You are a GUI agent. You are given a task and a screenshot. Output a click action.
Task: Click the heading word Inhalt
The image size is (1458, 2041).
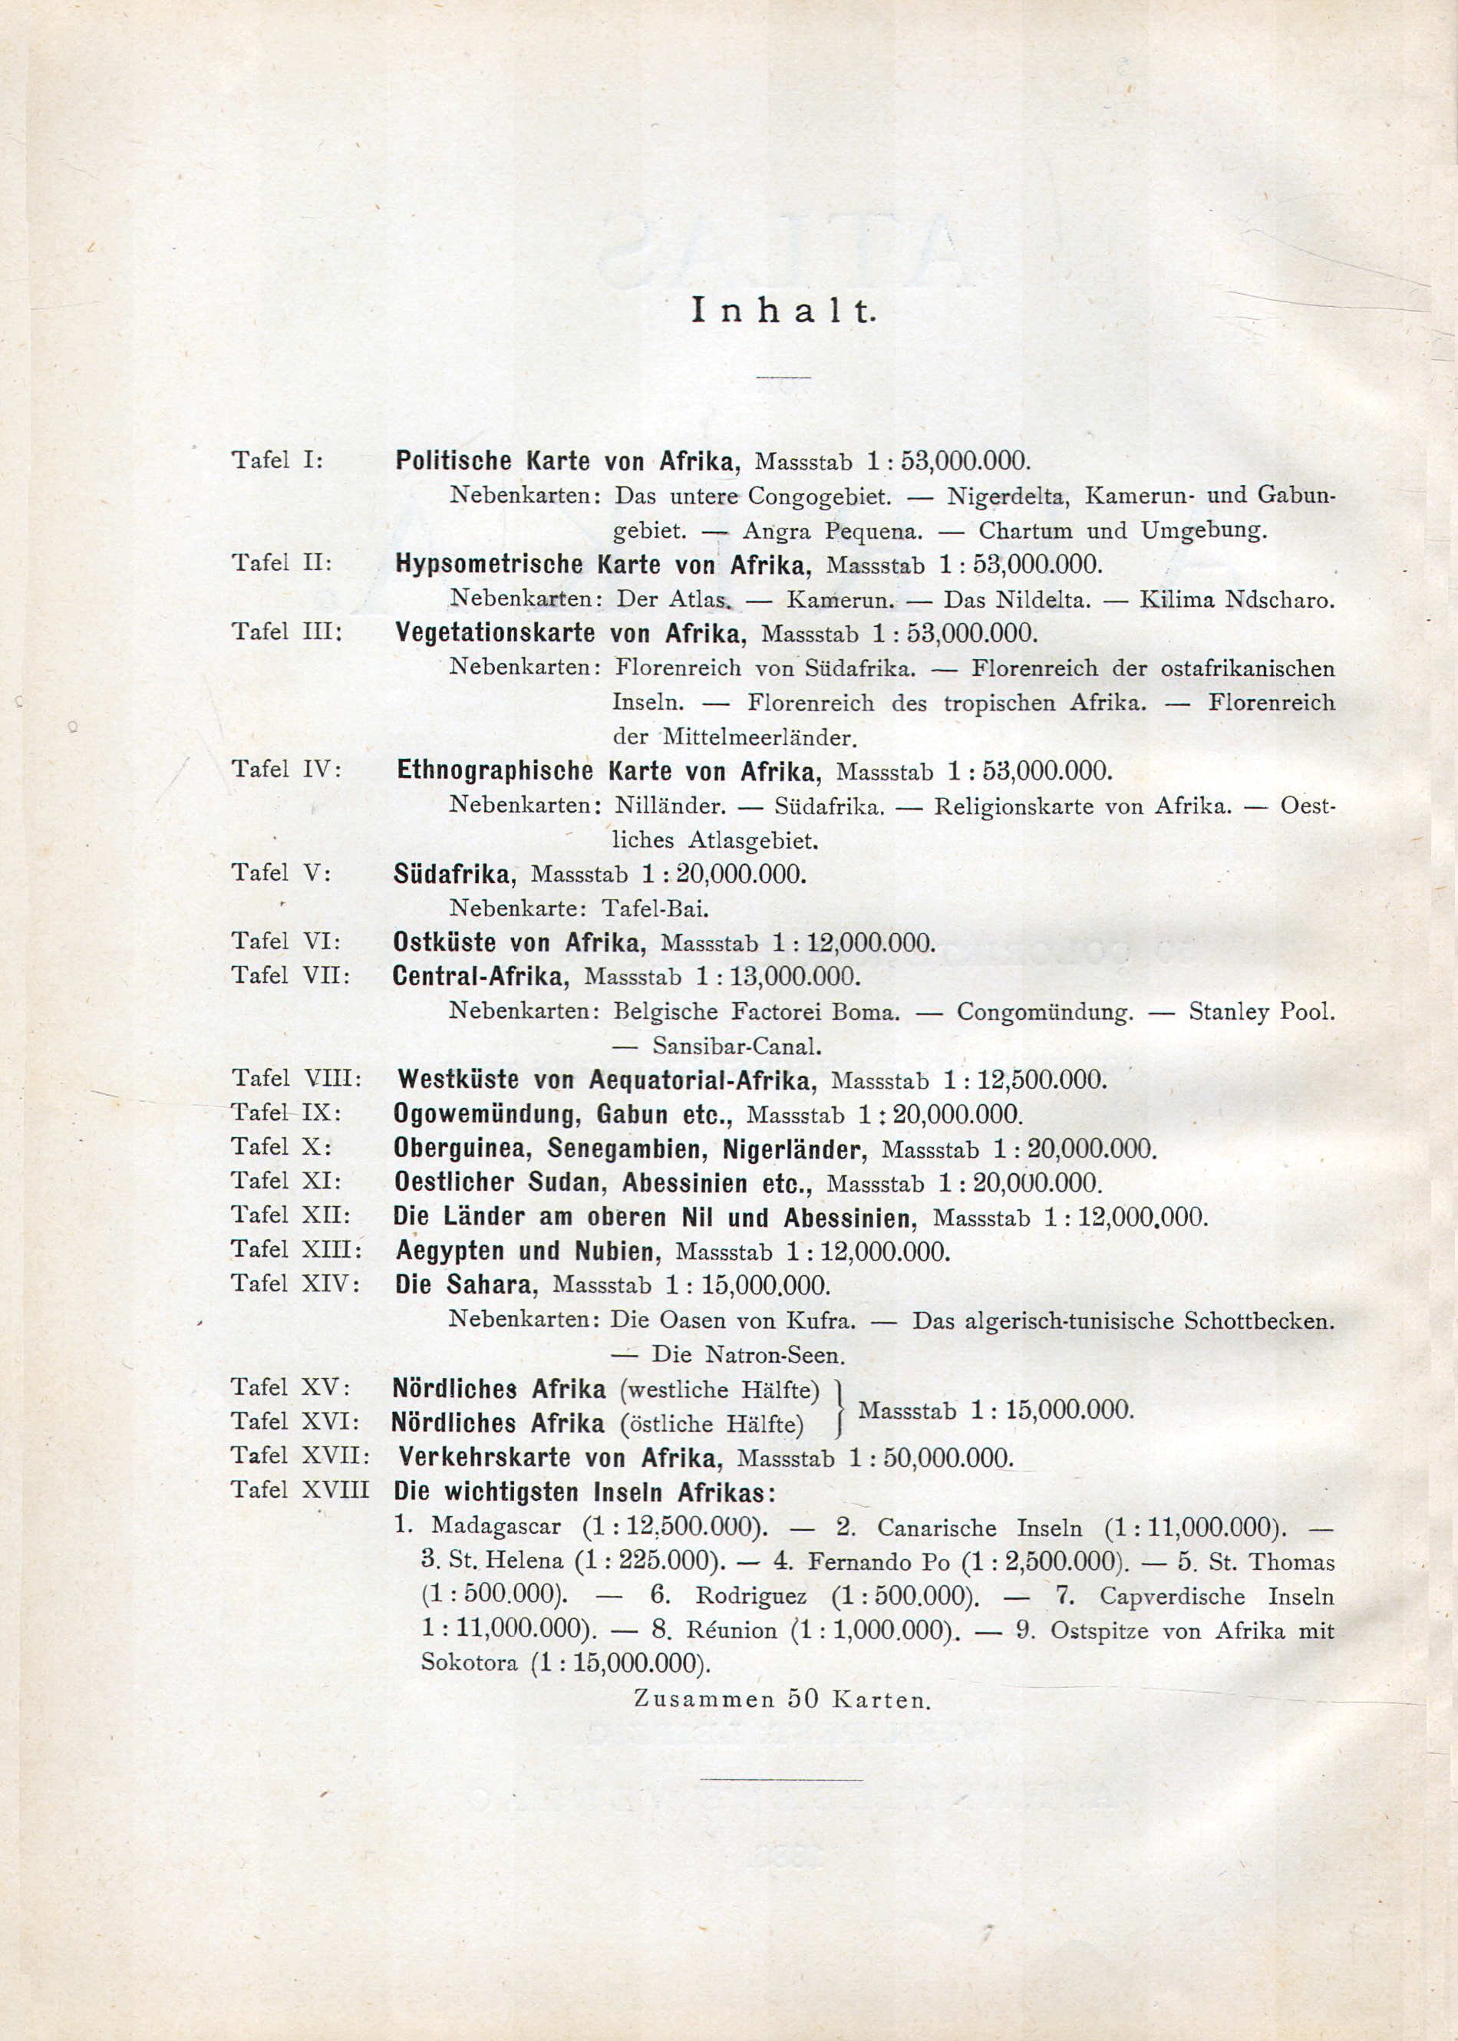[x=782, y=311]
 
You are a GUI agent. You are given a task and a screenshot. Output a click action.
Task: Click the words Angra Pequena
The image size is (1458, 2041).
[x=831, y=530]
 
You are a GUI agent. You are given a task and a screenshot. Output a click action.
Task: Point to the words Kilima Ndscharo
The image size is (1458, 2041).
[x=1236, y=599]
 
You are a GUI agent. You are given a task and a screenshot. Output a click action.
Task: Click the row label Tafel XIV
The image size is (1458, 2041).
[x=295, y=1284]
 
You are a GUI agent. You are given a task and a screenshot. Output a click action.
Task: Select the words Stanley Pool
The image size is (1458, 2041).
[x=1262, y=1012]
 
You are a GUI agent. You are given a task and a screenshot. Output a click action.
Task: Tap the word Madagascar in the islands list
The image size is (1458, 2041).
[x=496, y=1527]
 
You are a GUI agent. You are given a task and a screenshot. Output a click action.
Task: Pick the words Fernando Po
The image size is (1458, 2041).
[x=878, y=1561]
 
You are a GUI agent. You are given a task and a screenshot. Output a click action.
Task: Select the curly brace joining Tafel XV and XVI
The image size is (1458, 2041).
[x=840, y=1407]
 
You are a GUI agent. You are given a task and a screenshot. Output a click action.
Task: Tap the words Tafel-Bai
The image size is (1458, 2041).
[x=655, y=908]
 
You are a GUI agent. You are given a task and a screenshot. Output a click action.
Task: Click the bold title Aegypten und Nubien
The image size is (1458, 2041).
[x=528, y=1251]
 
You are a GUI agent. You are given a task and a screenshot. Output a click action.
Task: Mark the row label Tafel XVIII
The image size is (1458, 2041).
[x=300, y=1491]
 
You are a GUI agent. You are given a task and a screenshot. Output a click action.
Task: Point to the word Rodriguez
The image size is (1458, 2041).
[x=750, y=1597]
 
